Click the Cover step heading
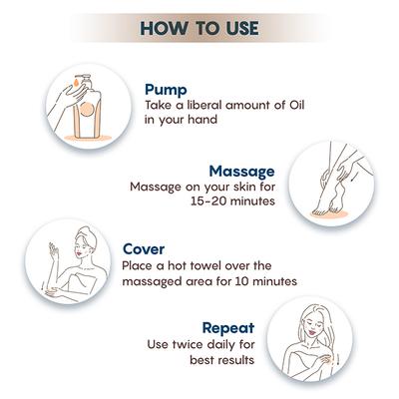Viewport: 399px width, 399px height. [145, 249]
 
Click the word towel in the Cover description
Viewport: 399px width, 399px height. [217, 266]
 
